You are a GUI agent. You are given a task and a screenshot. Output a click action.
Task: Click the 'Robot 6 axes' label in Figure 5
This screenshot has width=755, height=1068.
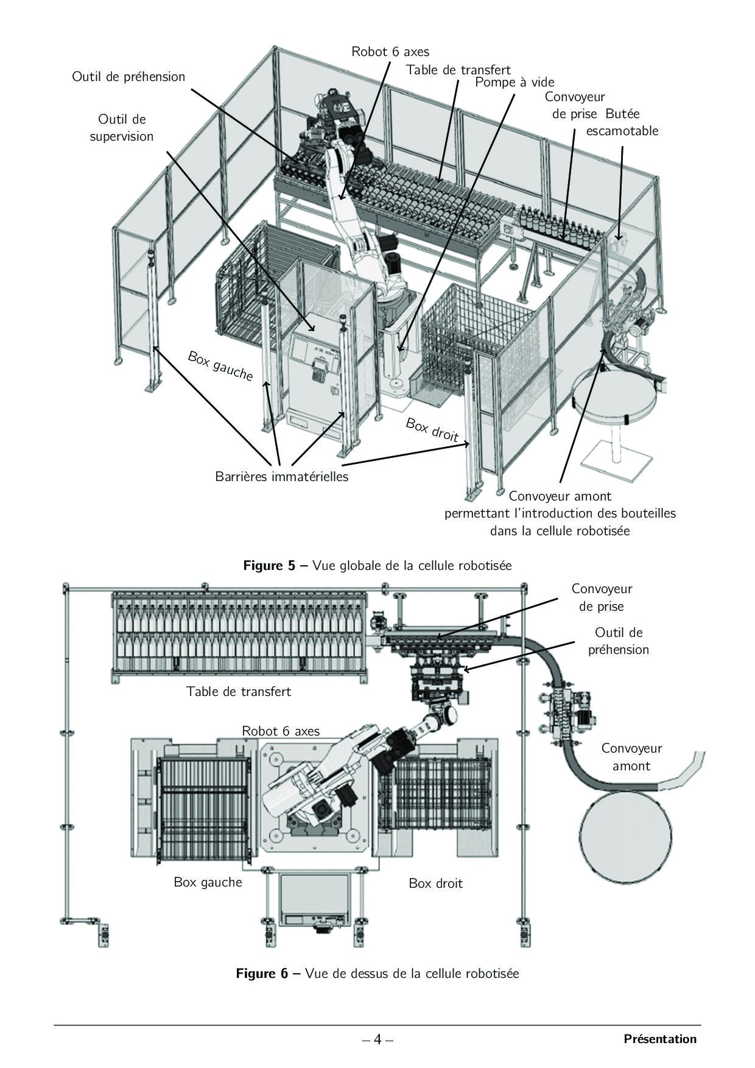point(390,52)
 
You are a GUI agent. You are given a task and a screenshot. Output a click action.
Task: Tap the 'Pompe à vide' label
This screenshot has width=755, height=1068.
point(514,82)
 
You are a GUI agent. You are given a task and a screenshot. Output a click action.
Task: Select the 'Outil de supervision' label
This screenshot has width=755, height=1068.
point(122,128)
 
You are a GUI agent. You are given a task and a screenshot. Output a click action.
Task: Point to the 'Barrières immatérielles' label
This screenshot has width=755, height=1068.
point(282,476)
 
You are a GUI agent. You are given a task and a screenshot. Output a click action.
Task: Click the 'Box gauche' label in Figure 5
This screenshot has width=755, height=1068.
point(220,366)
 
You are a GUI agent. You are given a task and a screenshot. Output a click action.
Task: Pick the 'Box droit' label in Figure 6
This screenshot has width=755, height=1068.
point(436,883)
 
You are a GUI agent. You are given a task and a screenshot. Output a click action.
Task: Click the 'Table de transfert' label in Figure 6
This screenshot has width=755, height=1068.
point(239,692)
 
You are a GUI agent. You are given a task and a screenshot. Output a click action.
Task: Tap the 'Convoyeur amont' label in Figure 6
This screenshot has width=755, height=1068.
point(631,757)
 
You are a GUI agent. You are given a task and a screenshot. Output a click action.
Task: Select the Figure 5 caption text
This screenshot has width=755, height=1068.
point(377,566)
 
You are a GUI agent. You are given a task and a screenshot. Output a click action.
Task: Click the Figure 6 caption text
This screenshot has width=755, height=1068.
point(377,974)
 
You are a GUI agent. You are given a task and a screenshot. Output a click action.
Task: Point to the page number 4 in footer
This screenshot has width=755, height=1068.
point(377,1039)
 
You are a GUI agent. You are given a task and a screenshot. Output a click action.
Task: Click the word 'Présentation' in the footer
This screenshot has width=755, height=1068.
point(660,1039)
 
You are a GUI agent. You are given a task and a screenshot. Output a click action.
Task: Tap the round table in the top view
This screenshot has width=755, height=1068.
point(627,837)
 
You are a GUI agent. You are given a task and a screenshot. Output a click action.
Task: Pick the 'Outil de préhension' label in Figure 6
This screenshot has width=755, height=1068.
point(619,641)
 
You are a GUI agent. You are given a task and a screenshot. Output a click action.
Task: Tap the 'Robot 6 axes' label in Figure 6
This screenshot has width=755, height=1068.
point(281,731)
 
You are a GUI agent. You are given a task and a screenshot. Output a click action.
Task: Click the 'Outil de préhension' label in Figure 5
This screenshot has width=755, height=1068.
point(128,77)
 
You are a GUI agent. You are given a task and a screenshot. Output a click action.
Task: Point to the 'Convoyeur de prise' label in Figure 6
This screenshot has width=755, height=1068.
point(602,597)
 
